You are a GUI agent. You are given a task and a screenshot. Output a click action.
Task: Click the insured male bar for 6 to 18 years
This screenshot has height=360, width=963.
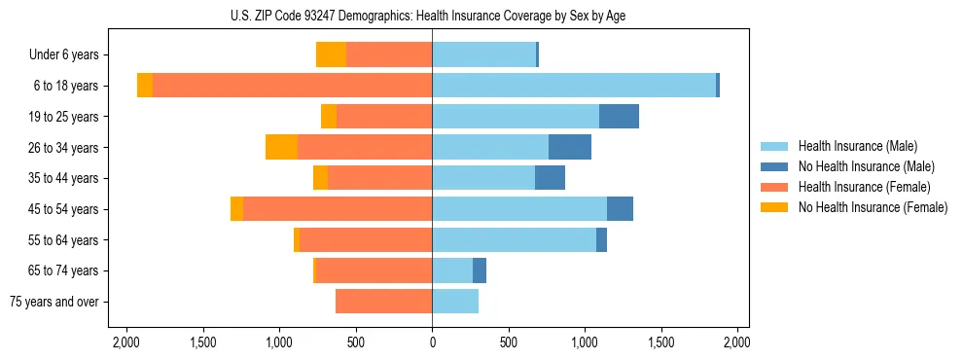574,86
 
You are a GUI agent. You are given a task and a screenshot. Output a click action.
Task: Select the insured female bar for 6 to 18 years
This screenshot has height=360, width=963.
292,86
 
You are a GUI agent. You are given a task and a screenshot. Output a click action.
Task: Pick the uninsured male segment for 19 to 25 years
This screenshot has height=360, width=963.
619,117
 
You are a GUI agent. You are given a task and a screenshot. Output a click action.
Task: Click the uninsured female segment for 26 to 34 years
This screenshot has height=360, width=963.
281,147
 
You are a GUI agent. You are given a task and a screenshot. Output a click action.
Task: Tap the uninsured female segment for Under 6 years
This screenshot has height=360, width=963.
331,55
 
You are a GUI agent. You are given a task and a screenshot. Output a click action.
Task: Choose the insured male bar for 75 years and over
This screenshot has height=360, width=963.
455,302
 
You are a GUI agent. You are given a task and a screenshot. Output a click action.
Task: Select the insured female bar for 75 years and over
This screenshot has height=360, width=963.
384,302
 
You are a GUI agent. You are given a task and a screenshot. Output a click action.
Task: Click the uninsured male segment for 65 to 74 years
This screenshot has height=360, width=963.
480,270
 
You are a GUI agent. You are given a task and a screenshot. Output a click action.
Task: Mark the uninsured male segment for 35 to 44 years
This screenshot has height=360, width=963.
550,178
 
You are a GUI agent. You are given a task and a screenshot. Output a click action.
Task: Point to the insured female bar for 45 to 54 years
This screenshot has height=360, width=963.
338,209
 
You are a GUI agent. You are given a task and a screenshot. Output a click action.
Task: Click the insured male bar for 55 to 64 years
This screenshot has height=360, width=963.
514,239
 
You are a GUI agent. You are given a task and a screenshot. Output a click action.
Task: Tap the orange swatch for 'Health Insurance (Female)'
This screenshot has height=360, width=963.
774,187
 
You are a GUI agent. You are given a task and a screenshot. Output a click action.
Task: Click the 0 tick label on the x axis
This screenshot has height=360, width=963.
432,343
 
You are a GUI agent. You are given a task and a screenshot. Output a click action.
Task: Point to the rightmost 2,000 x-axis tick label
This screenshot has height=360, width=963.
736,343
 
